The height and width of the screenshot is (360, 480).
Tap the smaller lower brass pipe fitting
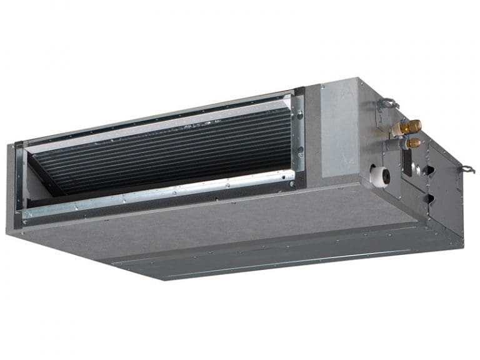click(x=412, y=143)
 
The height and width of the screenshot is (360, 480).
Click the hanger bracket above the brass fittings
click(x=388, y=103)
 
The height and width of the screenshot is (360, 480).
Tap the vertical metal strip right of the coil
click(x=299, y=134)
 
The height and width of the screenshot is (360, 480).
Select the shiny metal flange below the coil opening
click(x=156, y=196)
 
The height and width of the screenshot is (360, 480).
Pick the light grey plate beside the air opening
click(x=337, y=131)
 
